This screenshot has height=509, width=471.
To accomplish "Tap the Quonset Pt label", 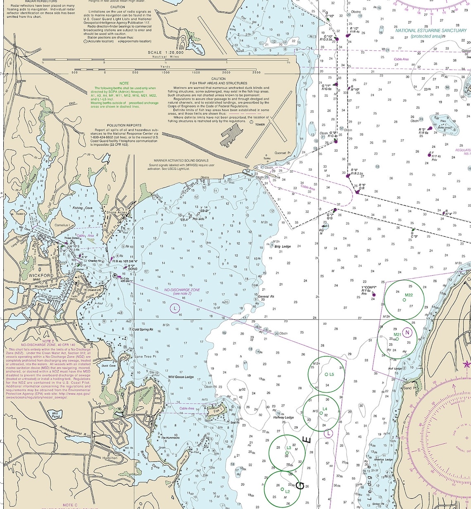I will click(283, 153).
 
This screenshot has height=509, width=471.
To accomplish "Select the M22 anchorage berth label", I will click(409, 295).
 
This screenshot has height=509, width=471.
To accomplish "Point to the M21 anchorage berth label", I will click(397, 334).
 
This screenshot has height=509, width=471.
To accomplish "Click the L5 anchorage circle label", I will click(331, 374).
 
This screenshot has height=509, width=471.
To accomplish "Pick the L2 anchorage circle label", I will click(287, 492).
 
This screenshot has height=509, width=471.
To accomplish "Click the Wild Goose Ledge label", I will click(181, 377).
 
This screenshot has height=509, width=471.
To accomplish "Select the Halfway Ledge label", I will click(283, 417).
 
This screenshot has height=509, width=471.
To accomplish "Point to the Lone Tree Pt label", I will click(145, 356).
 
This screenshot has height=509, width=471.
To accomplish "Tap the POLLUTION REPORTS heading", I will click(124, 125).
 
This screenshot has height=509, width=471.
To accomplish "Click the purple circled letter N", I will click(407, 333).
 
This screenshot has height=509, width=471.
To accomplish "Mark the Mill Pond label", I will click(55, 414).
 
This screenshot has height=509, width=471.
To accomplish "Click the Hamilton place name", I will click(110, 458).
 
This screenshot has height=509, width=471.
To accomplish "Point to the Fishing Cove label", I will click(83, 208).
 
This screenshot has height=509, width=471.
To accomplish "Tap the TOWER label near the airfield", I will click(260, 124).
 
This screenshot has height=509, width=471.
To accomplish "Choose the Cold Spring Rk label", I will click(143, 329).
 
